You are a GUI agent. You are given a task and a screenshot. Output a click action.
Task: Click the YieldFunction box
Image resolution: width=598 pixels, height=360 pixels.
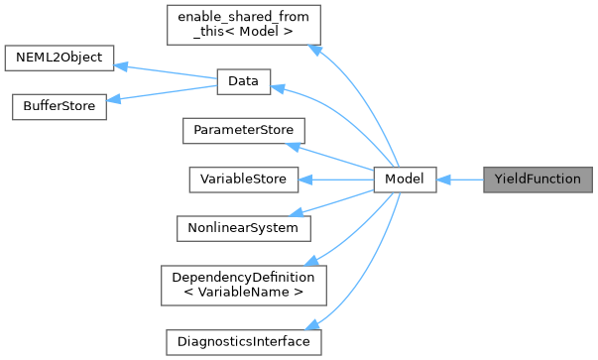[537, 180]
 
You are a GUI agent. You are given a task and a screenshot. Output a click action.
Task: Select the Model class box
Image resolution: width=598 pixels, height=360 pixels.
[405, 180]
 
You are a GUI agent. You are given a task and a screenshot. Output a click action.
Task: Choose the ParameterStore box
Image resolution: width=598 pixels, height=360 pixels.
[243, 131]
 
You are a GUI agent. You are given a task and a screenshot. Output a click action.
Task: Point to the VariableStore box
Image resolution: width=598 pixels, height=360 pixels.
[242, 180]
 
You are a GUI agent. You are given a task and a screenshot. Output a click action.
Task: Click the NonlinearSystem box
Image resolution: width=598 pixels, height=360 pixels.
[242, 227]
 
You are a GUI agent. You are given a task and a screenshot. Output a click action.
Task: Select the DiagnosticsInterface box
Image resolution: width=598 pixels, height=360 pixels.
[243, 341]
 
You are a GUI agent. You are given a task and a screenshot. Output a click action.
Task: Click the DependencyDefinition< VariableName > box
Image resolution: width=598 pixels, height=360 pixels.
[243, 284]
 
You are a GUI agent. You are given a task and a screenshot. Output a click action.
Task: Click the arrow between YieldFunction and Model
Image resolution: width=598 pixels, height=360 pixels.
[459, 180]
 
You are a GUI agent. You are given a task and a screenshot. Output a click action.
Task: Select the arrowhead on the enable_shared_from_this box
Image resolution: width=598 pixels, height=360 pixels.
[314, 49]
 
